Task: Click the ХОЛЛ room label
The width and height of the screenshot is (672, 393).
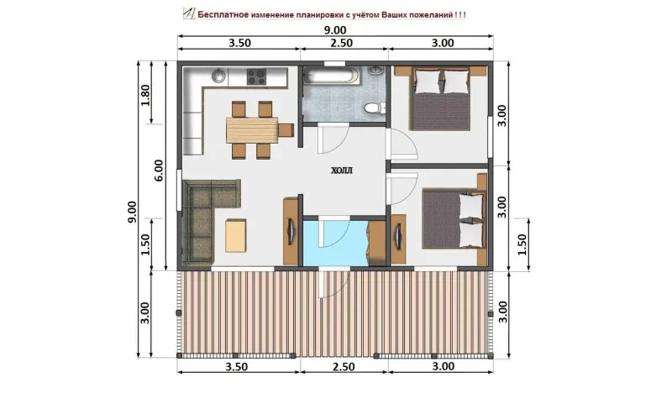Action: point(342,170)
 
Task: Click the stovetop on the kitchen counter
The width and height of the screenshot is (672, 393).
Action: point(256,77)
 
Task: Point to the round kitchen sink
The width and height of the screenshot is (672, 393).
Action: point(219,76)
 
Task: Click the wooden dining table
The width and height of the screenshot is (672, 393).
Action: point(252,130)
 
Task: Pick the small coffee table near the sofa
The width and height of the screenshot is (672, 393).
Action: point(236,235)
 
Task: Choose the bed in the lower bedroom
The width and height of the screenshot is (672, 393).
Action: point(454,218)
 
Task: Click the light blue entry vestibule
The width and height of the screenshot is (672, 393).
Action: point(335,244)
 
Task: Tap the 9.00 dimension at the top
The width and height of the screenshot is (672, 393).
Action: point(334,30)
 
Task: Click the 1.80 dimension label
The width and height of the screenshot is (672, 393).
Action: point(145,96)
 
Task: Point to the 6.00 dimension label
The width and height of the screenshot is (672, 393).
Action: point(159,170)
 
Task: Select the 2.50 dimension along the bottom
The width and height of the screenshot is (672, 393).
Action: point(344,367)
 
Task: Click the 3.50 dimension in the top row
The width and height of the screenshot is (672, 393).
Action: point(239,43)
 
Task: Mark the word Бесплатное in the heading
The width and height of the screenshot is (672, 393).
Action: point(223,14)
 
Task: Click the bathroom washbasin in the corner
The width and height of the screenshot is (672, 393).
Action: point(376,71)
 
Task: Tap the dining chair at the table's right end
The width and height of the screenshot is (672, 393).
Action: point(286,130)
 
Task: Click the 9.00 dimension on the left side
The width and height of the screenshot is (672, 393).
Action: point(132,212)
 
